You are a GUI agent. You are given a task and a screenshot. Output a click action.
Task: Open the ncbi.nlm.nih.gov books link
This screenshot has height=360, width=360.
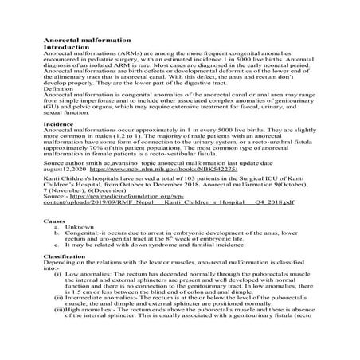tap(152, 192)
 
